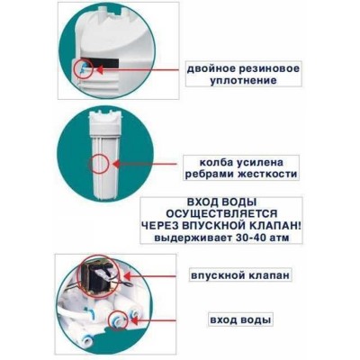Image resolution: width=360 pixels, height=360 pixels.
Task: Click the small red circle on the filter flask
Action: pyautogui.click(x=95, y=165)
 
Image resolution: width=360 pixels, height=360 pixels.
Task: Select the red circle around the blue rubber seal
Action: pyautogui.click(x=84, y=68)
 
